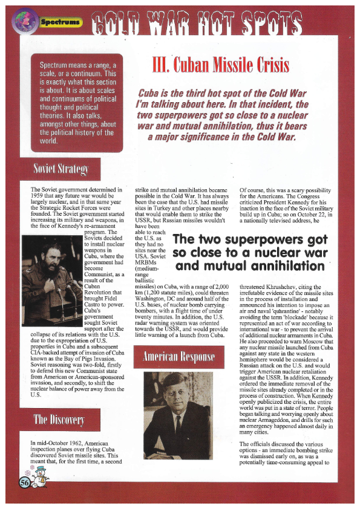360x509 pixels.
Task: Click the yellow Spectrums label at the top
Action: click(x=61, y=22)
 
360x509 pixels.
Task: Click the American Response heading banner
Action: click(x=178, y=355)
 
